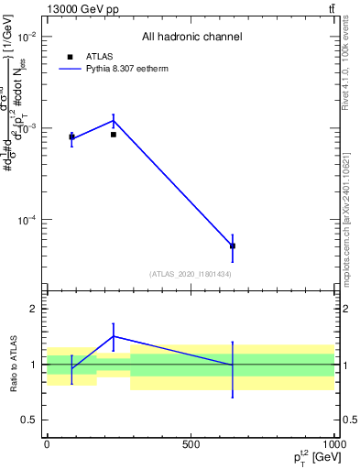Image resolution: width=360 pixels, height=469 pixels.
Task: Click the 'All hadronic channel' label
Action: tap(191, 37)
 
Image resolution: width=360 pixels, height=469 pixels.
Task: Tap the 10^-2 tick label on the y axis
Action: tap(27, 37)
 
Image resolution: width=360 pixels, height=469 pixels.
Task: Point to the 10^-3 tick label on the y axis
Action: tap(27, 128)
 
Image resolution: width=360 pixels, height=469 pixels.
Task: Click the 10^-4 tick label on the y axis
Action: tap(27, 220)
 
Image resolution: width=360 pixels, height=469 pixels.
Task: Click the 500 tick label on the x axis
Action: tap(191, 444)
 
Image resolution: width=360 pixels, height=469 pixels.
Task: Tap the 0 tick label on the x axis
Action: tap(47, 444)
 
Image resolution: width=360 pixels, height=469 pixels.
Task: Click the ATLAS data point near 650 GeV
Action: tap(233, 245)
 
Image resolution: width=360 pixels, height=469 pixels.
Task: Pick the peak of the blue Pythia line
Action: tap(114, 120)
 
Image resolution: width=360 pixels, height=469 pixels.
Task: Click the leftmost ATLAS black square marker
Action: tap(71, 137)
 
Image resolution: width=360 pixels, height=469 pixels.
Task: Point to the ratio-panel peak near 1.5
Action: tap(114, 336)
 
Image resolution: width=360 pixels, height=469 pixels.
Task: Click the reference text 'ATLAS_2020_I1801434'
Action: tap(191, 274)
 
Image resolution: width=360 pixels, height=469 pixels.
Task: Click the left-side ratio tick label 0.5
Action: tap(27, 420)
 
